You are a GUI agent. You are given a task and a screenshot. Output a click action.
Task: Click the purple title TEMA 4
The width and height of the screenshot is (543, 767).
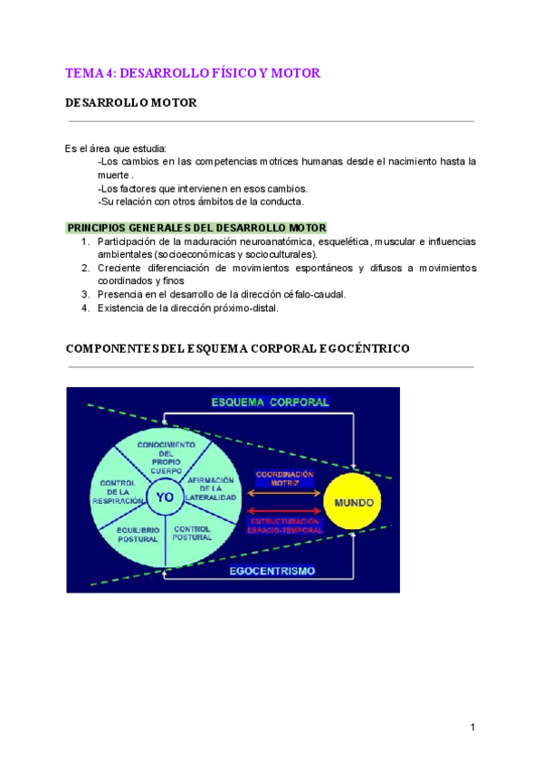pyautogui.click(x=193, y=72)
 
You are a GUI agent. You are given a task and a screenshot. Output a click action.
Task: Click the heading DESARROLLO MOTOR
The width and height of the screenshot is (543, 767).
pyautogui.click(x=130, y=103)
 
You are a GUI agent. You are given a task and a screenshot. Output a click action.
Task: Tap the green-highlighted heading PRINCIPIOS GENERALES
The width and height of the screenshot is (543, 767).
pyautogui.click(x=196, y=228)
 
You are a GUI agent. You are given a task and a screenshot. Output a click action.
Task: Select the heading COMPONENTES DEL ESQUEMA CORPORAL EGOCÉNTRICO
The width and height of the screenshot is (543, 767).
pyautogui.click(x=237, y=348)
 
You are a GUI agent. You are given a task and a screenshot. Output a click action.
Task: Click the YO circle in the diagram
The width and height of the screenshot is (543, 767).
pyautogui.click(x=165, y=497)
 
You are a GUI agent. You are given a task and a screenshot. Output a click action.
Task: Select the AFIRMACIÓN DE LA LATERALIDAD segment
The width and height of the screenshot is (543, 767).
pyautogui.click(x=210, y=488)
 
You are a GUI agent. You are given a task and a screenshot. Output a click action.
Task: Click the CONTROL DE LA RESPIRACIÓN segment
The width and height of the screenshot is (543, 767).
pyautogui.click(x=119, y=491)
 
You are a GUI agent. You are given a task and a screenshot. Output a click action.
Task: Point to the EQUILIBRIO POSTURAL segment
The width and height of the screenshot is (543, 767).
pyautogui.click(x=137, y=534)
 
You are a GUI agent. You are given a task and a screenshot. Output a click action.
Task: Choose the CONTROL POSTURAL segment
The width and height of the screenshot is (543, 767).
pyautogui.click(x=192, y=534)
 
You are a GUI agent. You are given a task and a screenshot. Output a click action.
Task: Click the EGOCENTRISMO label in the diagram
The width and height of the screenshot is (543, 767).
pyautogui.click(x=271, y=571)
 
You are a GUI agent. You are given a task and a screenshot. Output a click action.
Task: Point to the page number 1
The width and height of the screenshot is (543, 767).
pyautogui.click(x=472, y=726)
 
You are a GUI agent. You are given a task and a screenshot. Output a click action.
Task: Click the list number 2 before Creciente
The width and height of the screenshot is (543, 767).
pyautogui.click(x=84, y=268)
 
